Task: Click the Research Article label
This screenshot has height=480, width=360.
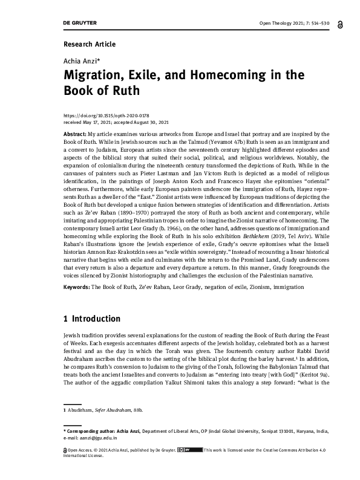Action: (x=89, y=44)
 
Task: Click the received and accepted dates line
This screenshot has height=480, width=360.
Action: (x=116, y=121)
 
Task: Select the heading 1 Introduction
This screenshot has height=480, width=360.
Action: (x=92, y=319)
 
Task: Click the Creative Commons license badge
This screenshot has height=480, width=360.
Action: (x=189, y=450)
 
